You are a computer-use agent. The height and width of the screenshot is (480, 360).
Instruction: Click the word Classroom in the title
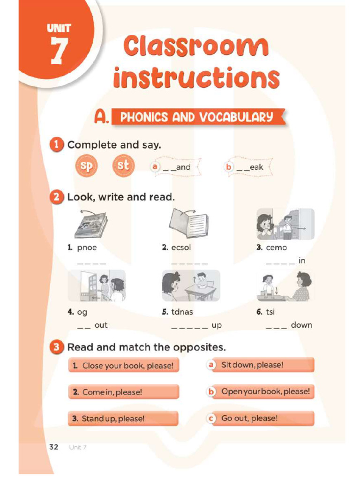tap(196, 47)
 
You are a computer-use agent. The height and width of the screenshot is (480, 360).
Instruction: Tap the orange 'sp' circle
tap(86, 166)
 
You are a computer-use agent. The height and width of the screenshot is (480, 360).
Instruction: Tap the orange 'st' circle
tap(123, 166)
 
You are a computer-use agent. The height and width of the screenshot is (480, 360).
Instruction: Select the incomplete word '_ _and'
tap(177, 167)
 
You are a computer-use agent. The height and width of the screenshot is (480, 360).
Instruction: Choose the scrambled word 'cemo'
tap(276, 248)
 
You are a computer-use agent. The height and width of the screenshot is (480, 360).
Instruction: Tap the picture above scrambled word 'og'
tap(97, 285)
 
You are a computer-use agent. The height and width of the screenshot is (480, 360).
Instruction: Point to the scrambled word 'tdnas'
tap(182, 312)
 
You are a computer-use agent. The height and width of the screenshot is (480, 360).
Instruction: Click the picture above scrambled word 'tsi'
tap(285, 285)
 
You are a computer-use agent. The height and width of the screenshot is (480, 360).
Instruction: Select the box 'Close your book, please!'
tap(124, 366)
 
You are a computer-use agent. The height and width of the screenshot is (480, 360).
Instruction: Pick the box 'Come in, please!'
tap(124, 392)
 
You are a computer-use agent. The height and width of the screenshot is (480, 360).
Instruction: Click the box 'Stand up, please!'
tap(124, 419)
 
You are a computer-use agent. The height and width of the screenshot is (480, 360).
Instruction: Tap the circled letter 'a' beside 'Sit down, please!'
tap(211, 365)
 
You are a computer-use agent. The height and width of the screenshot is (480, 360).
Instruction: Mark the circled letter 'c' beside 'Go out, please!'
tap(211, 418)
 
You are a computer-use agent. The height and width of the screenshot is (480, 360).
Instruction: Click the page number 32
tap(53, 447)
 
